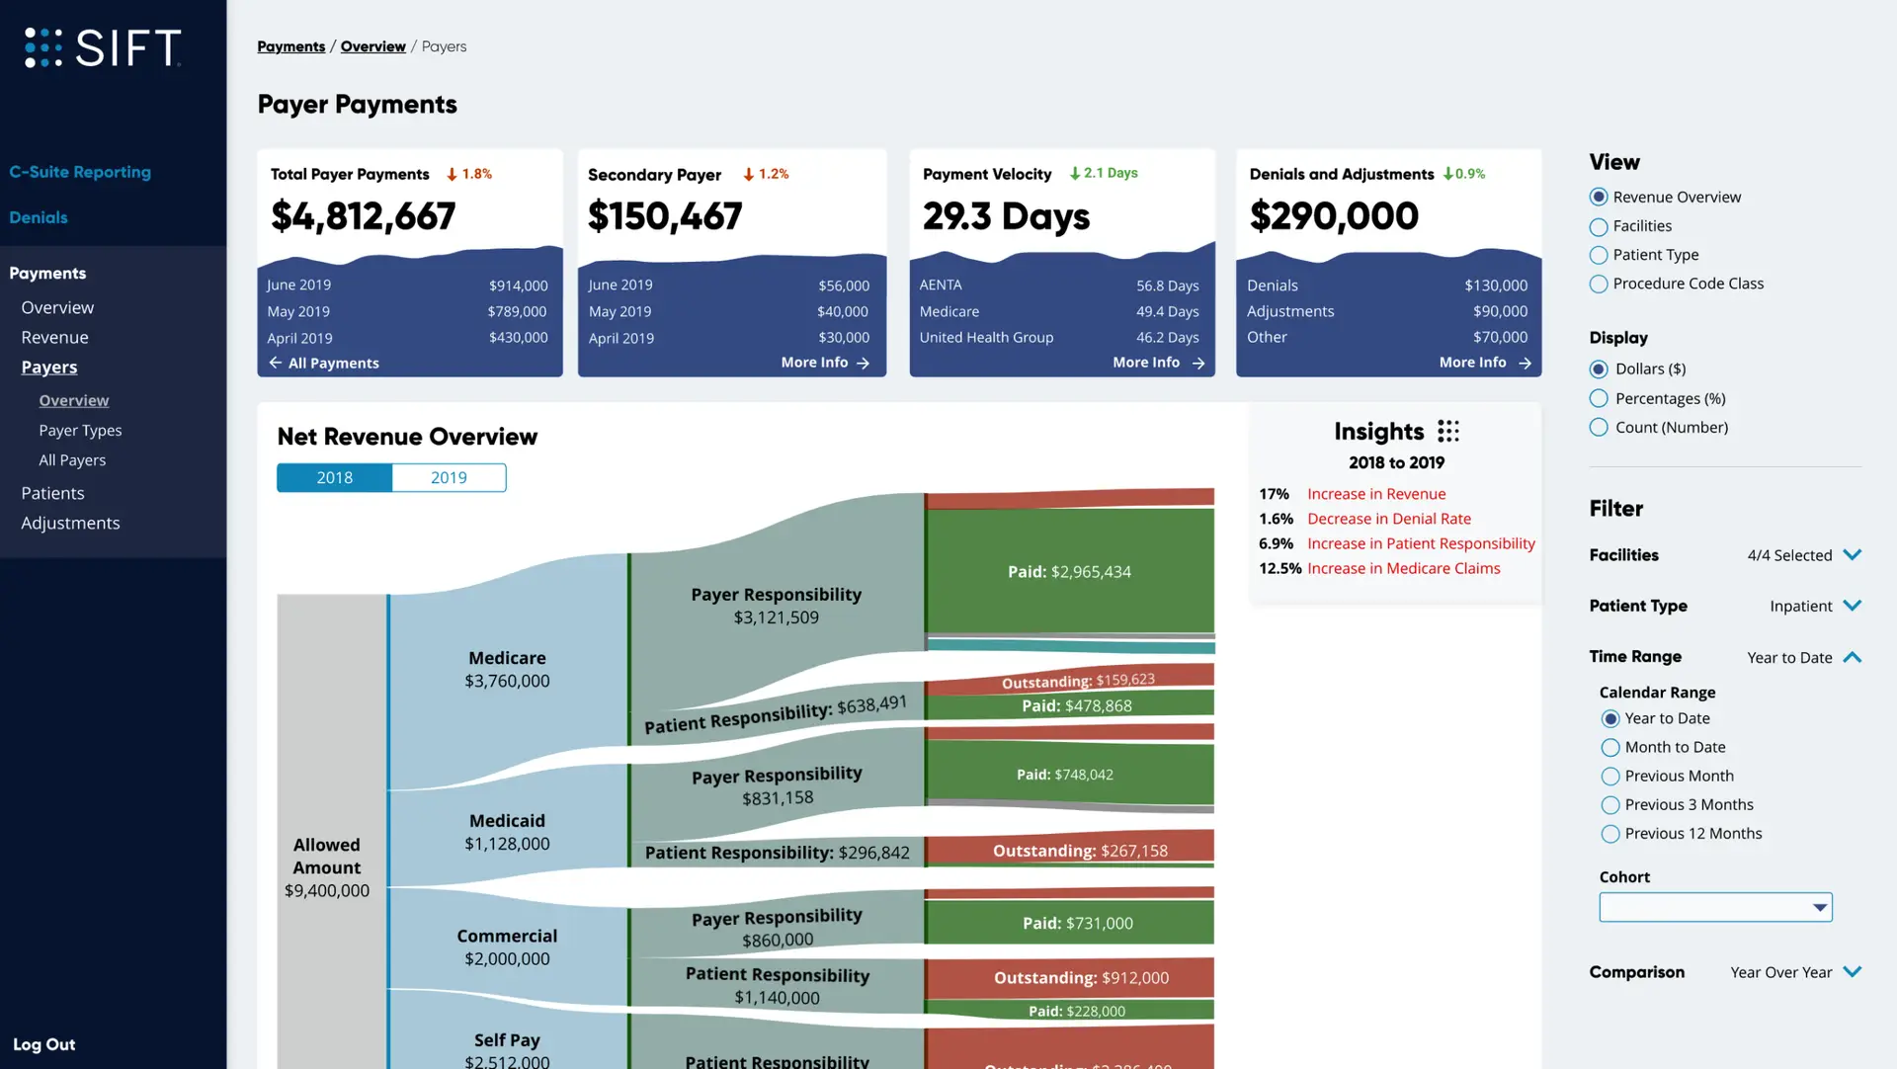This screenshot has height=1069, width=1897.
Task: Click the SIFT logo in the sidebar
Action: (103, 47)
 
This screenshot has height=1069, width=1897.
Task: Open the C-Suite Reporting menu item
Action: (80, 172)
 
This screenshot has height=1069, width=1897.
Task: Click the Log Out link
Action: (43, 1044)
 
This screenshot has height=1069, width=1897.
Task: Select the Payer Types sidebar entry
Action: (80, 431)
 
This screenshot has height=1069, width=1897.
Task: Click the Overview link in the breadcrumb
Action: (372, 46)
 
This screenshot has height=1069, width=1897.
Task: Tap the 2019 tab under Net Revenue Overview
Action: (449, 478)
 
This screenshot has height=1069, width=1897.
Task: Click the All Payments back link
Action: (324, 364)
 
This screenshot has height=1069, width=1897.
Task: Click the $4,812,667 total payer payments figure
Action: (363, 216)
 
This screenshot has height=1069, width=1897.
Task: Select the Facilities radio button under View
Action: (1599, 227)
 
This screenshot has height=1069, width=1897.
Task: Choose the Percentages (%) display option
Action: (1599, 399)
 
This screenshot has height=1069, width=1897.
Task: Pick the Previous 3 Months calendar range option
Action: (1610, 805)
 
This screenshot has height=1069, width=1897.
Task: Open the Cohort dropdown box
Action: (1715, 907)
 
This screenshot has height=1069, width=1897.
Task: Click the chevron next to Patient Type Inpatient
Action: (1853, 606)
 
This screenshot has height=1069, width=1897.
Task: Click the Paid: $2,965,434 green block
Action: (1069, 571)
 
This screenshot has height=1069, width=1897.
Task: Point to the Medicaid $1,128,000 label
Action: (507, 832)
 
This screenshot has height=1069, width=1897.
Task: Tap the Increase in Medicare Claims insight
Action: (1403, 569)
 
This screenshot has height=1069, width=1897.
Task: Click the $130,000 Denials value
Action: (1496, 286)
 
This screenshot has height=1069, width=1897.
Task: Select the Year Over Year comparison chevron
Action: (1853, 972)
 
